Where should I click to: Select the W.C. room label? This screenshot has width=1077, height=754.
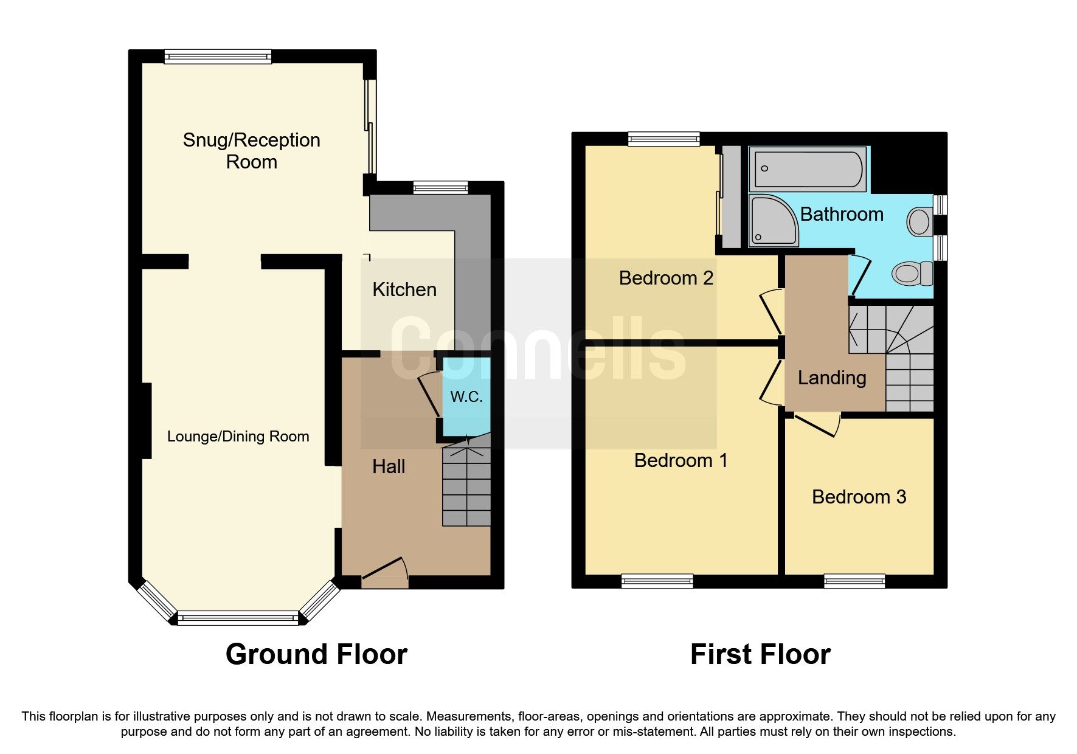[466, 397]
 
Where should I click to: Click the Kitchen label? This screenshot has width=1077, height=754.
[404, 289]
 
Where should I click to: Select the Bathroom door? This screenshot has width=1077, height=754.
[860, 275]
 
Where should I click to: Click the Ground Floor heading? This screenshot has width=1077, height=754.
[316, 655]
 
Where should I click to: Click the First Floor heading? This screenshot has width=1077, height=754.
[760, 655]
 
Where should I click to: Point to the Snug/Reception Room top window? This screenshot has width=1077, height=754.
[218, 57]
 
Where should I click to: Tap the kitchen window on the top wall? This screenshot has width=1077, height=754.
[441, 187]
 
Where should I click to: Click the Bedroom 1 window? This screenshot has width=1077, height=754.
[657, 581]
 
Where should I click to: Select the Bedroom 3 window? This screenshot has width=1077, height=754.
[854, 581]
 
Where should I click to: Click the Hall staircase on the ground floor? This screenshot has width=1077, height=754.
[466, 486]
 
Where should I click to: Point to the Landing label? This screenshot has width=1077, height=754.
[832, 378]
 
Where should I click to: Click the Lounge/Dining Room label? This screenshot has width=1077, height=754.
[238, 437]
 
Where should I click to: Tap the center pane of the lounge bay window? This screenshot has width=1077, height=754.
[238, 619]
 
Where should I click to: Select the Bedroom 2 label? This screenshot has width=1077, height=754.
[666, 278]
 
